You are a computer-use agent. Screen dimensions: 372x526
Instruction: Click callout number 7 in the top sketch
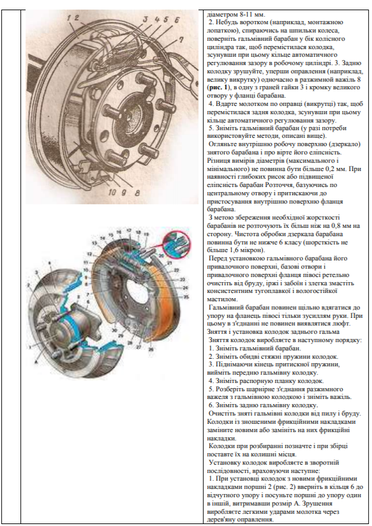click(x=181, y=40)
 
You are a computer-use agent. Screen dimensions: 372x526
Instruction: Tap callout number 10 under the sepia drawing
click(x=112, y=193)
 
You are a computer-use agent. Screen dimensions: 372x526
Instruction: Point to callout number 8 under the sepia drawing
click(x=137, y=193)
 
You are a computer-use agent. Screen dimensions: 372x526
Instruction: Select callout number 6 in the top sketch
click(x=177, y=20)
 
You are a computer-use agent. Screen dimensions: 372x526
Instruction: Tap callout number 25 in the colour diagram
click(x=186, y=297)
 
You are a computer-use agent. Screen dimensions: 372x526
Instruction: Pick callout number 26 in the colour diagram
click(x=151, y=350)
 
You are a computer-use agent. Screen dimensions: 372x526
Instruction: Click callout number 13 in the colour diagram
click(x=94, y=243)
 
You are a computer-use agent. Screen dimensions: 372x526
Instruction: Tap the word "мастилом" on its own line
click(x=222, y=299)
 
